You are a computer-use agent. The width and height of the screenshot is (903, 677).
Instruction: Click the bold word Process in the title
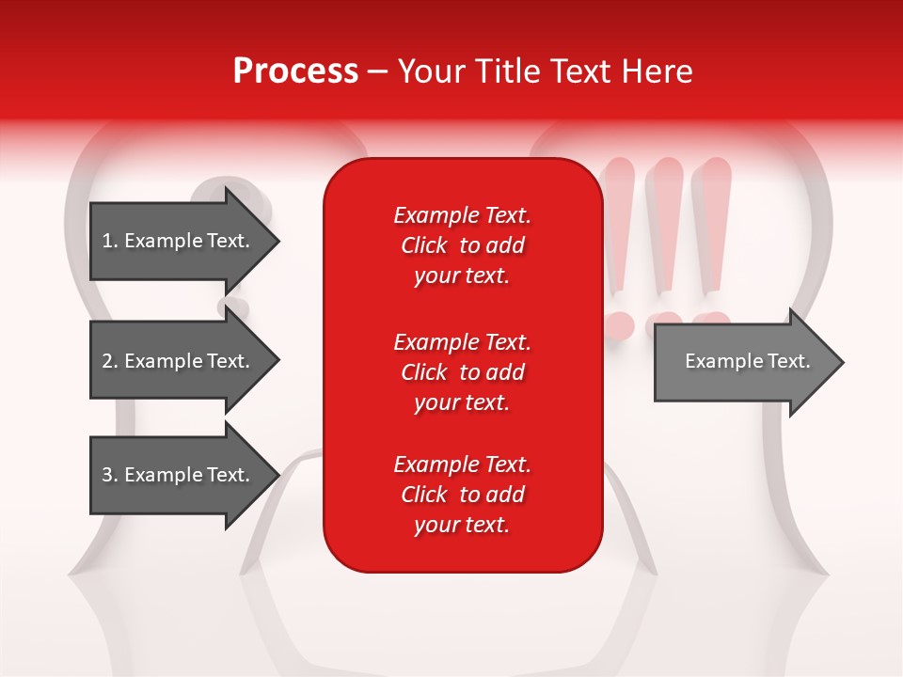pyautogui.click(x=295, y=71)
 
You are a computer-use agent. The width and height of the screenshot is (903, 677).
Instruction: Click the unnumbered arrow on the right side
pyautogui.click(x=743, y=362)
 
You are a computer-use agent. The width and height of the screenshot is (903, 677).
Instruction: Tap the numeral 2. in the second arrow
pyautogui.click(x=109, y=361)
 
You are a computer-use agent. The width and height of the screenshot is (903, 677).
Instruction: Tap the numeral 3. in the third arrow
pyautogui.click(x=109, y=475)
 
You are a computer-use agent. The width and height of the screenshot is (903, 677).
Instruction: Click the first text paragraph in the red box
pyautogui.click(x=462, y=245)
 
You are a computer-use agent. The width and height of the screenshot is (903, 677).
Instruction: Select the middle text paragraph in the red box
pyautogui.click(x=462, y=371)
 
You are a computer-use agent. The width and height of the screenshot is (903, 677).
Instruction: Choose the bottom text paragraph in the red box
pyautogui.click(x=462, y=495)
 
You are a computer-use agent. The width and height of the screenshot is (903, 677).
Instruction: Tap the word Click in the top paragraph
pyautogui.click(x=424, y=245)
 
